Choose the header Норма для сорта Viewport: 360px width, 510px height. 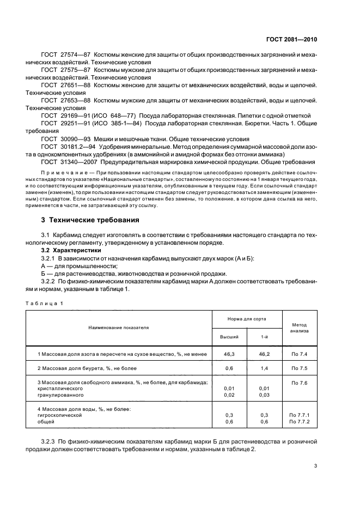pyautogui.click(x=246, y=318)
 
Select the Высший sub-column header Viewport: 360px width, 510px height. pyautogui.click(x=229, y=337)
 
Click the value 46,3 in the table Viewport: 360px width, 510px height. pyautogui.click(x=229, y=354)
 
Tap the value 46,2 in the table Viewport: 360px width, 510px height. pyautogui.click(x=264, y=354)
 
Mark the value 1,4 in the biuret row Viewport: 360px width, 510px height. pyautogui.click(x=264, y=369)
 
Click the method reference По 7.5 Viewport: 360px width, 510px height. pyautogui.click(x=299, y=369)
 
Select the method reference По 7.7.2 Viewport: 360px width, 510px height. pyautogui.click(x=299, y=422)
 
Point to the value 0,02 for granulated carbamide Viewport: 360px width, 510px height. pyautogui.click(x=229, y=394)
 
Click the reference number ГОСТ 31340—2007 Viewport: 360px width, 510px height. pyautogui.click(x=67, y=162)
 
